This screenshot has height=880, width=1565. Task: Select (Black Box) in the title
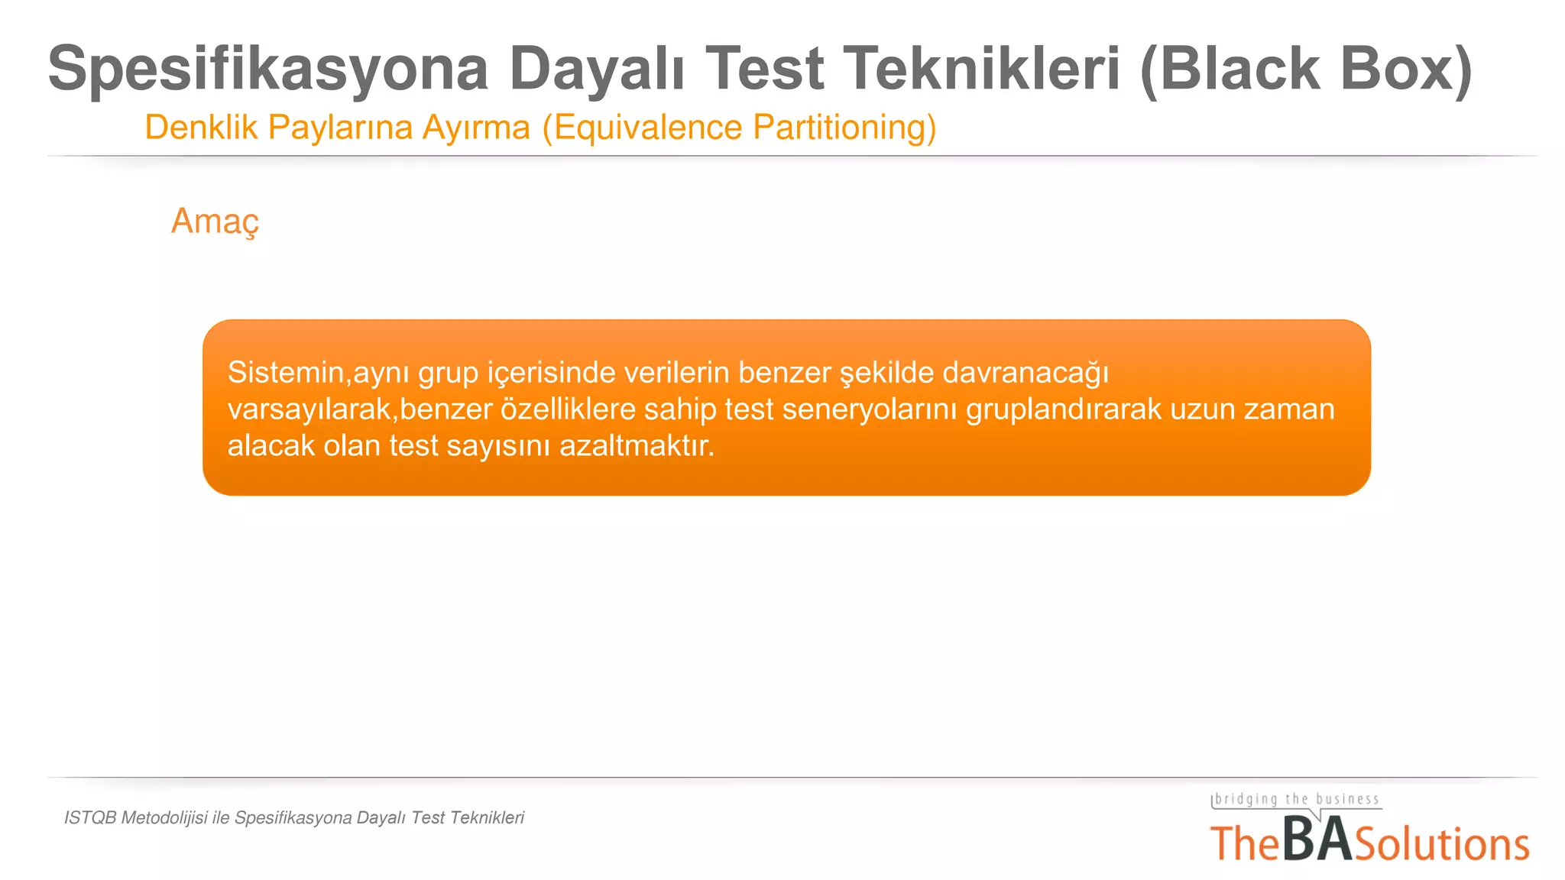pos(1305,69)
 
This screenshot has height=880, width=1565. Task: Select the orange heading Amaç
pos(215,222)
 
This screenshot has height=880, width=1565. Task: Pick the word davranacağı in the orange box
pos(1025,373)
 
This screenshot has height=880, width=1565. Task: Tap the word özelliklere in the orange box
pos(568,409)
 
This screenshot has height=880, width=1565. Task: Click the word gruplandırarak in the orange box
pos(1063,409)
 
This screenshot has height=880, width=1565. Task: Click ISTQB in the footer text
pos(90,818)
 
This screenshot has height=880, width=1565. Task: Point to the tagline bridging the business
pos(1297,799)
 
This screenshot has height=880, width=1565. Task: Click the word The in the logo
pos(1245,845)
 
